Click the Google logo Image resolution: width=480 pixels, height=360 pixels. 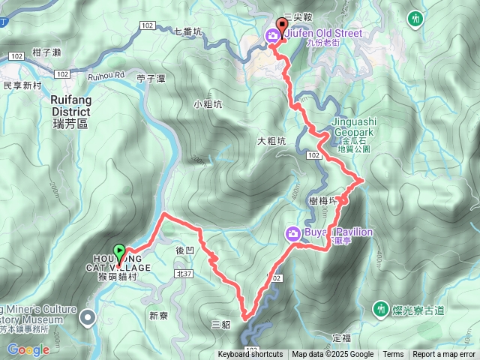click(x=28, y=349)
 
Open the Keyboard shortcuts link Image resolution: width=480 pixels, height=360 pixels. click(x=250, y=355)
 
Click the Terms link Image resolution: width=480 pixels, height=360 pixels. click(x=393, y=355)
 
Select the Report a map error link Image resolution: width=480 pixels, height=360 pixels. click(x=444, y=355)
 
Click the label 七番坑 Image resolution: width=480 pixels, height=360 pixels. click(x=187, y=32)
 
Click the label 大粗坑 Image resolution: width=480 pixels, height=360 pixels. click(x=271, y=140)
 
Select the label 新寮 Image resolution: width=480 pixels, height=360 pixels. click(x=159, y=316)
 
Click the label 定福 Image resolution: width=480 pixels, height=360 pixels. click(x=341, y=338)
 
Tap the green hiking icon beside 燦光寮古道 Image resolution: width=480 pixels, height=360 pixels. click(x=381, y=308)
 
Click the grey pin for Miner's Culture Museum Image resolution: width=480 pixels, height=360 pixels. click(x=88, y=318)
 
